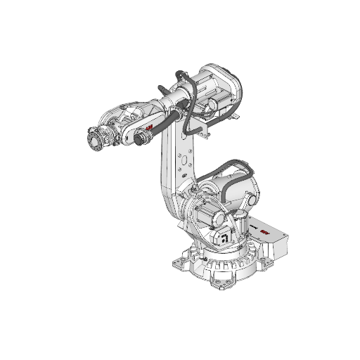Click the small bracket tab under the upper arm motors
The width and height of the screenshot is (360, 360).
coord(202,130)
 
